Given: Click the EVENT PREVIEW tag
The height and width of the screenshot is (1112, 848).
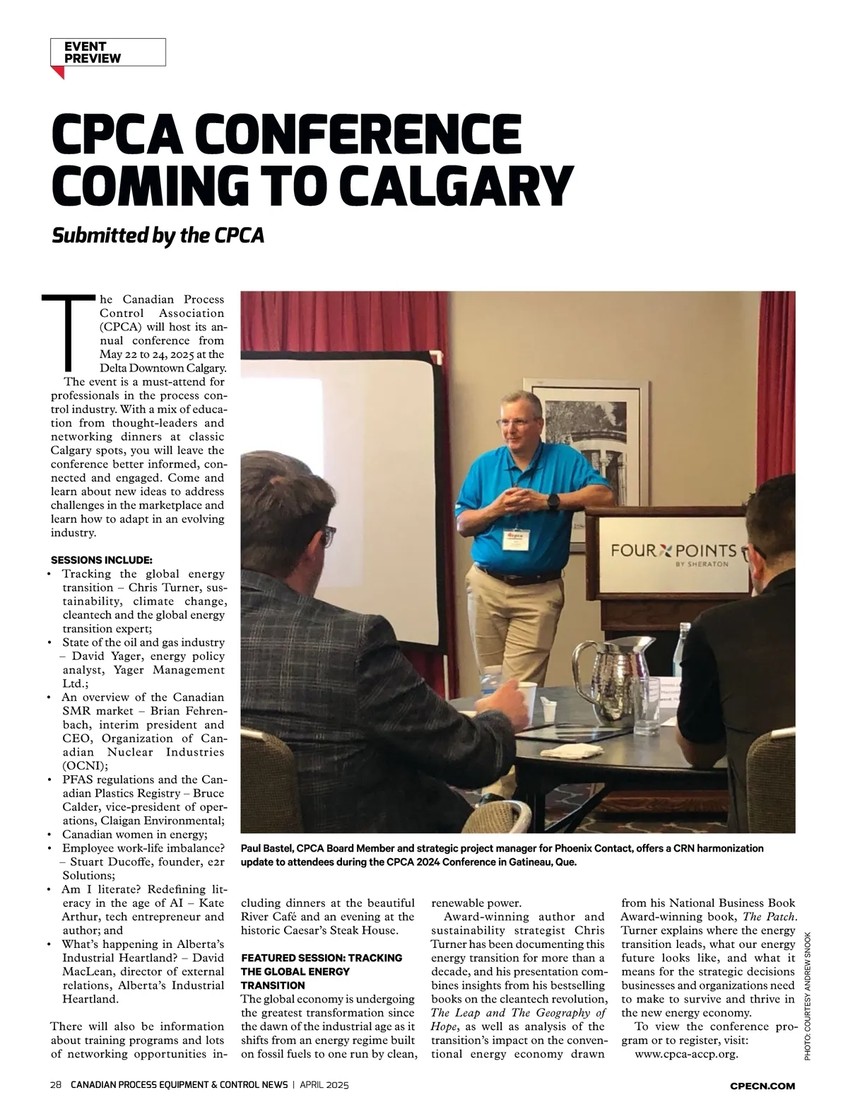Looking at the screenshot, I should (x=107, y=52).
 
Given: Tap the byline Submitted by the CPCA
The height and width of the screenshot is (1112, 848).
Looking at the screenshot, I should (x=158, y=235).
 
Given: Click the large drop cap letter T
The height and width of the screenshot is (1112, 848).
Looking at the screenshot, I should (x=68, y=332).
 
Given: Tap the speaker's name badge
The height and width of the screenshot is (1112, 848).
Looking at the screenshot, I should (x=515, y=541).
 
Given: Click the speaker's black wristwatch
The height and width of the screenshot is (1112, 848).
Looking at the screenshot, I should (x=553, y=501).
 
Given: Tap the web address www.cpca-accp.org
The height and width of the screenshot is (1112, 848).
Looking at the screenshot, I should (x=686, y=1054).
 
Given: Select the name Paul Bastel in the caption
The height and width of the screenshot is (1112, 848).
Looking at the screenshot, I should (x=266, y=848).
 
